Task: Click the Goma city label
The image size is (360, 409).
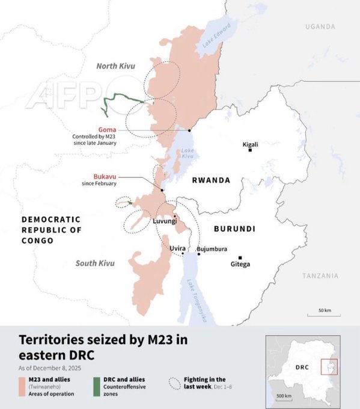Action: tap(108, 129)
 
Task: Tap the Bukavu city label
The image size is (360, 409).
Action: tap(104, 176)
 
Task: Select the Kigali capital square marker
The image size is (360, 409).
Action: tap(250, 150)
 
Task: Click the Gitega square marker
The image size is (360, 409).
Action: tap(240, 257)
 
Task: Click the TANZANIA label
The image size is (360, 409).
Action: tap(320, 275)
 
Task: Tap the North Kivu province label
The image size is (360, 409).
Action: tap(116, 66)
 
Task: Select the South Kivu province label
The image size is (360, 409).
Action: tap(94, 263)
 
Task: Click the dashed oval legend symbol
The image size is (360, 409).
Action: tap(175, 382)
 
